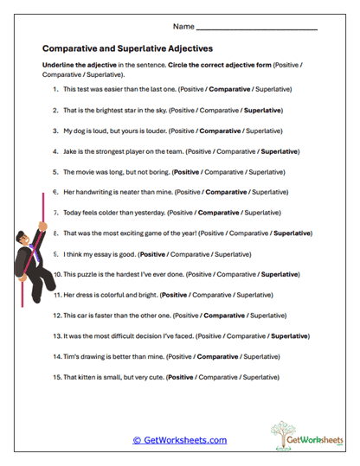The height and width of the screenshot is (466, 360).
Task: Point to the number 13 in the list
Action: click(x=56, y=335)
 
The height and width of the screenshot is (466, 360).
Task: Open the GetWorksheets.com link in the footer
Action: click(x=179, y=440)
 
